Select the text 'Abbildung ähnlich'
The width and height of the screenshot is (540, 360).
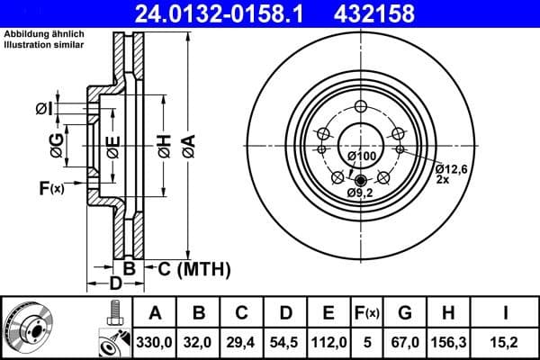(43, 34)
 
